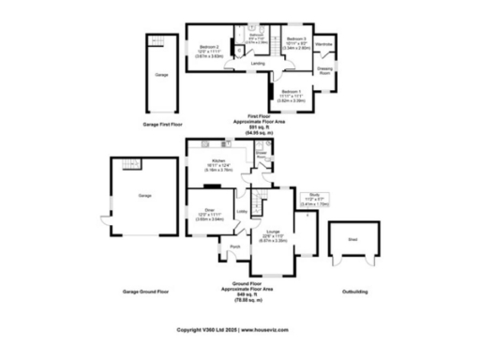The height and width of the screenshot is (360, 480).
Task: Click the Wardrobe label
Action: [324, 44]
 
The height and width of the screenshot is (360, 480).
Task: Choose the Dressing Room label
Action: [324, 72]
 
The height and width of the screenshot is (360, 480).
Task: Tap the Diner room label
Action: [209, 211]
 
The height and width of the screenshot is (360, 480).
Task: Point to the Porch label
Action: [234, 247]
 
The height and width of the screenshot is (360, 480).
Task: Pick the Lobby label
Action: [242, 212]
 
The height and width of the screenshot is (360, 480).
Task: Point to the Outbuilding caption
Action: [354, 292]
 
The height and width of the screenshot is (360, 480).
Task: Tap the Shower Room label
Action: [262, 153]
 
